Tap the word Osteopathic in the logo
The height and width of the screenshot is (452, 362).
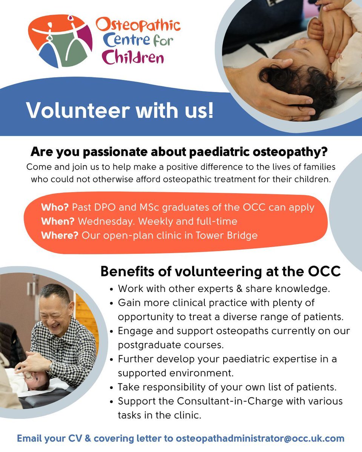138,25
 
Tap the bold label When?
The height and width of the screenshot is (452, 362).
57,221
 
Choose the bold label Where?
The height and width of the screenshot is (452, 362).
60,235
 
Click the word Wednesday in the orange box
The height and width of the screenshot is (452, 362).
104,221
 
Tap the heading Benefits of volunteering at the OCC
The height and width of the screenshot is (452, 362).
220,272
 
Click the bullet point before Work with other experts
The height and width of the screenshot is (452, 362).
112,290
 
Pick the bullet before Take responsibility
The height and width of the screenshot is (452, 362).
112,387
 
